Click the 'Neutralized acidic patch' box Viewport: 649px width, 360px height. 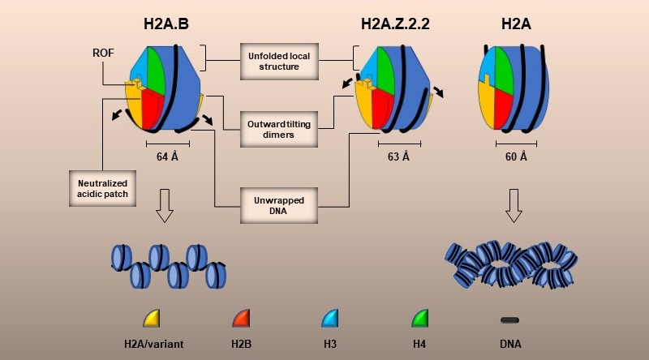pos(103,188)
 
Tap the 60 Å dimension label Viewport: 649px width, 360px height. pos(517,156)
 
